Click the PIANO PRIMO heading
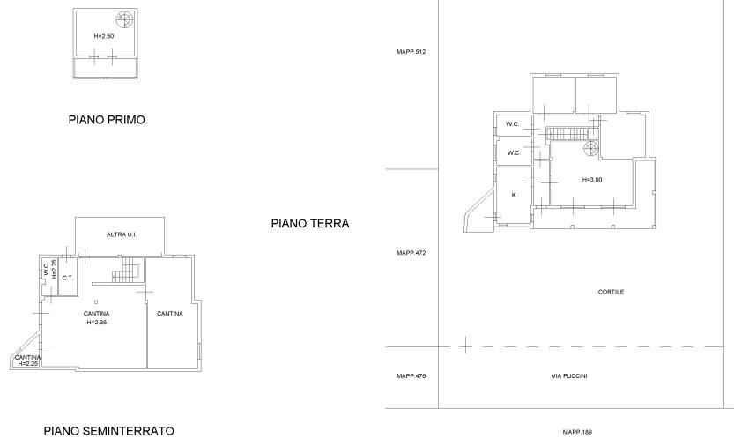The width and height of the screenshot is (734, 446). click(107, 120)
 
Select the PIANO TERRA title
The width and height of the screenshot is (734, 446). click(310, 224)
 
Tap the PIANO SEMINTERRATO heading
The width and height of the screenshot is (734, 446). click(109, 431)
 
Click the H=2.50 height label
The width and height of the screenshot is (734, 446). click(104, 36)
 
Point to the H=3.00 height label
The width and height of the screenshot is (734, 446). click(592, 180)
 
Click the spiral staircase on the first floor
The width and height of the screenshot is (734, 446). click(124, 19)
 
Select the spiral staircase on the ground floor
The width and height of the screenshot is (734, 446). click(590, 150)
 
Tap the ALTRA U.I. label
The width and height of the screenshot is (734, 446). click(122, 234)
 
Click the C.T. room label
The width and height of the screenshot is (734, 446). click(68, 278)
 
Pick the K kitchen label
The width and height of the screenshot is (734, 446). click(514, 195)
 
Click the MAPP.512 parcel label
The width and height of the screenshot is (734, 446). click(411, 52)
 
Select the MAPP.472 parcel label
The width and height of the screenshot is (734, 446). click(411, 253)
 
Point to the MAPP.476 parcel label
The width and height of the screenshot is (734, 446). click(411, 376)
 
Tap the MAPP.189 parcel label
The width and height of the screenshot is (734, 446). click(577, 432)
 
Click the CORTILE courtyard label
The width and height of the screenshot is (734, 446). click(611, 292)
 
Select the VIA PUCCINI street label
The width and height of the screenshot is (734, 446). click(569, 376)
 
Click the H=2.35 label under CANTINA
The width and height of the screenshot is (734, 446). click(97, 323)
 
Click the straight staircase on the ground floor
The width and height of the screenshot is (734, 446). click(567, 133)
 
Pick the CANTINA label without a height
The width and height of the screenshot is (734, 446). click(169, 314)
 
